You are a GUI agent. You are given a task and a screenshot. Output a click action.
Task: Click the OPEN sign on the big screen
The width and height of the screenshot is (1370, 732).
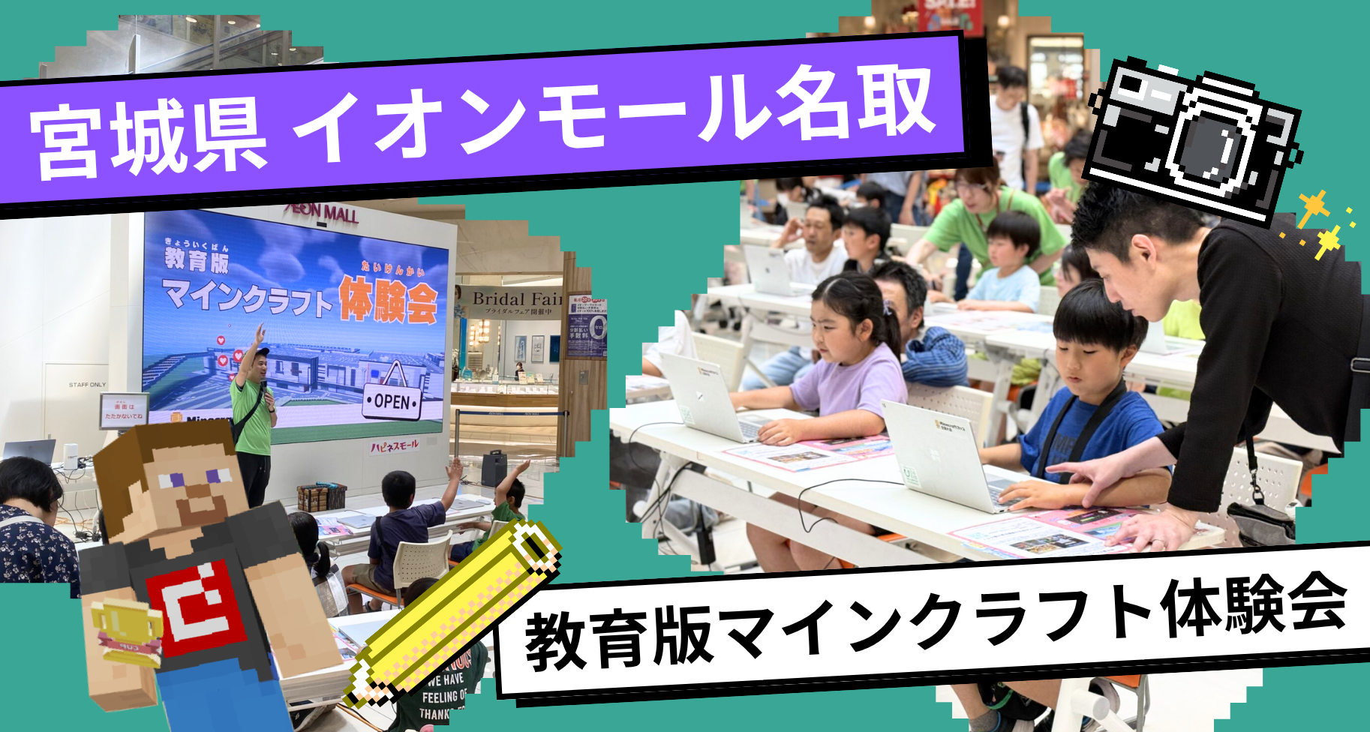click(392, 401)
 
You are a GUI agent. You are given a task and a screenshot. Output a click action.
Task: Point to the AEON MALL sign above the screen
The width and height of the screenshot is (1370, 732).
click(323, 214)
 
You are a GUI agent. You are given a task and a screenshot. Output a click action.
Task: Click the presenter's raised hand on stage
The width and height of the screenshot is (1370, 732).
click(259, 331)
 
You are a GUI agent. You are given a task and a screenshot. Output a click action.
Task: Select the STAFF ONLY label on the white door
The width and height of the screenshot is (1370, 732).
click(88, 385)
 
